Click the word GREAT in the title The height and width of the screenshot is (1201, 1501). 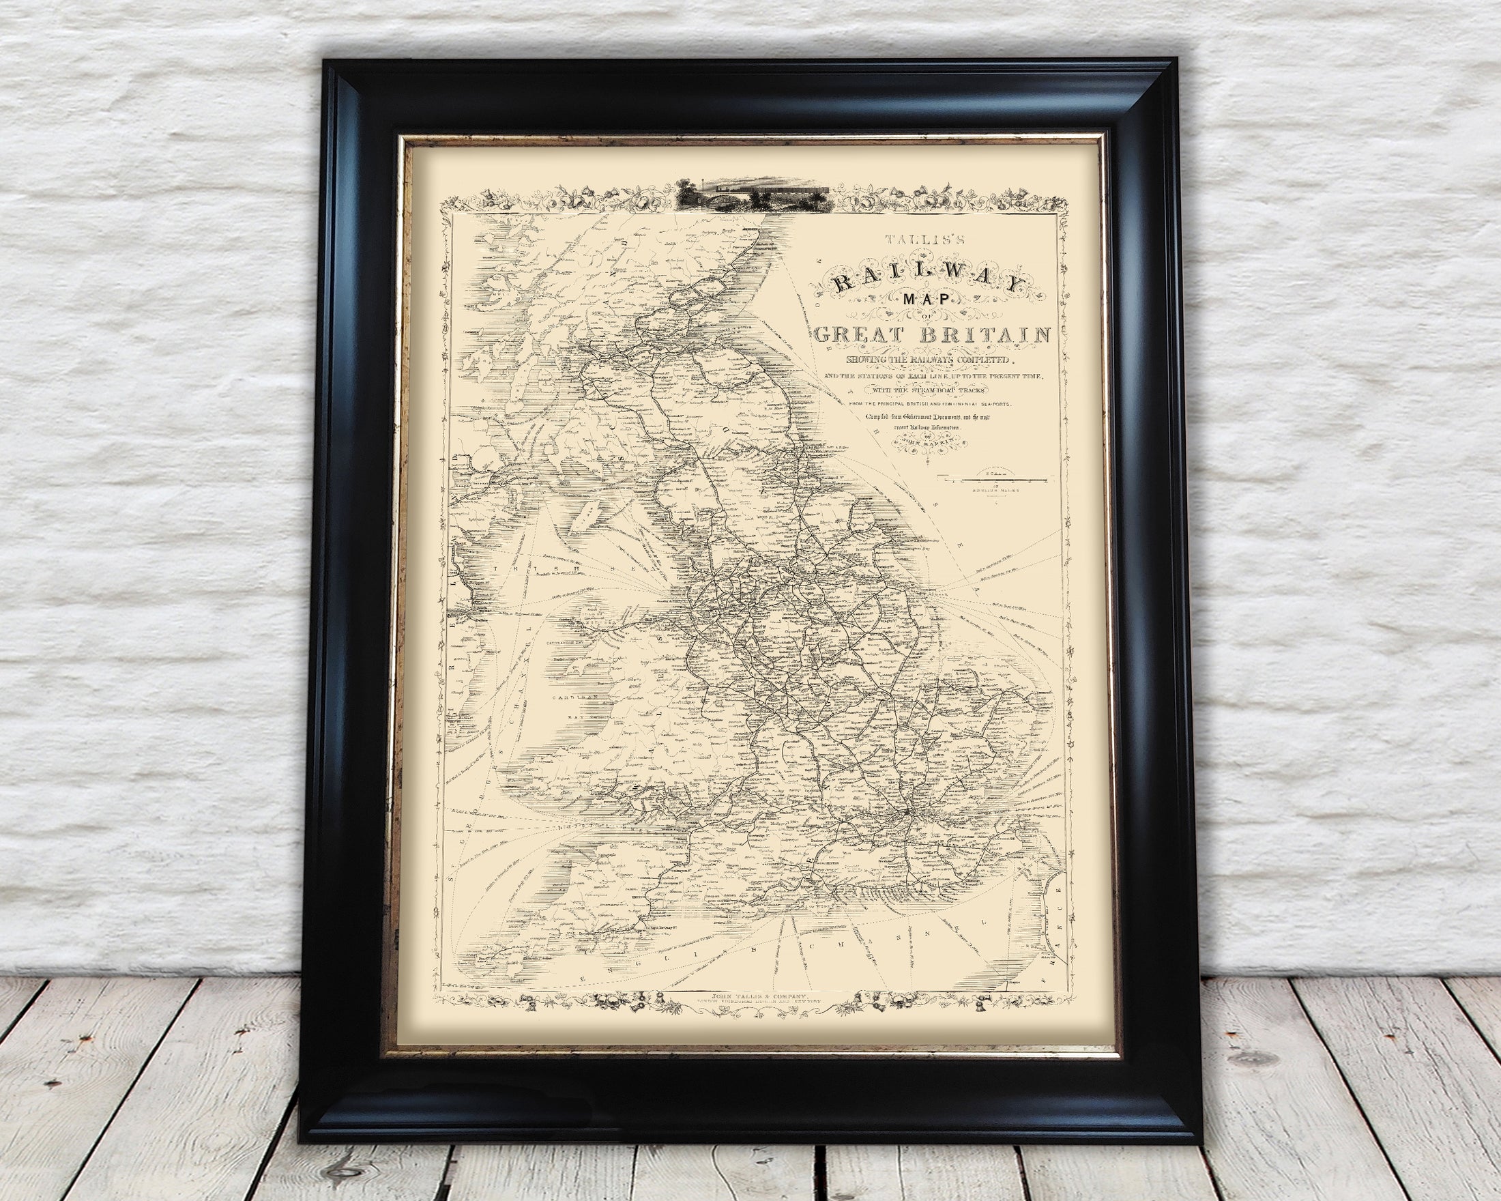[855, 336]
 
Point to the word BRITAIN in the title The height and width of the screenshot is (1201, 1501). [982, 336]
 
